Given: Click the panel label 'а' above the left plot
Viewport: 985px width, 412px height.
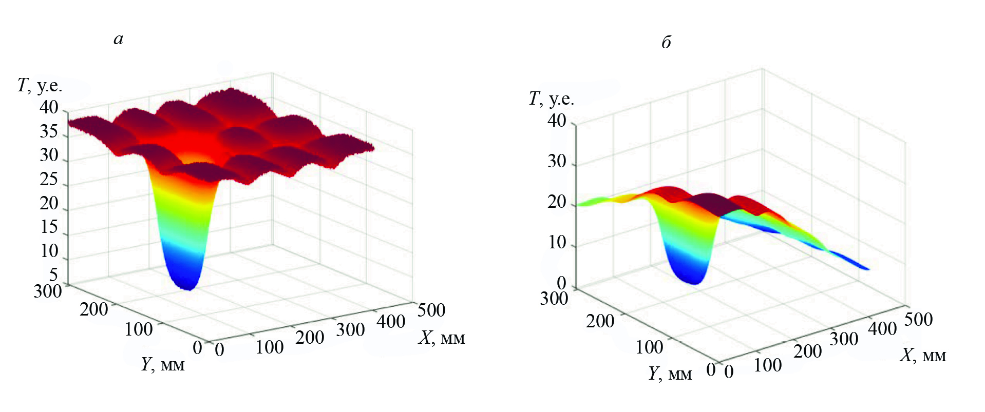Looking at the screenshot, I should [119, 40].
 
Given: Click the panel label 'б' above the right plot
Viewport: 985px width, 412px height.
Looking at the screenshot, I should [666, 42].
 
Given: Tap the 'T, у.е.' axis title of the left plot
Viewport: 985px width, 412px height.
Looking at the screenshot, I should [40, 86].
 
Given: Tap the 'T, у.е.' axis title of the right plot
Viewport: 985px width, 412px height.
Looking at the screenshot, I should [551, 99].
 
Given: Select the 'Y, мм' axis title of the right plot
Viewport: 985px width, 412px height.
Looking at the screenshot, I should [670, 374].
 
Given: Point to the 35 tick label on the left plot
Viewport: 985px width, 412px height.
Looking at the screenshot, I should [49, 132].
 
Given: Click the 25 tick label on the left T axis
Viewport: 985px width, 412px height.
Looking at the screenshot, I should [49, 180].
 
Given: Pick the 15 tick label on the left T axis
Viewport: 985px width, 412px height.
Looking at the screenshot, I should [49, 227].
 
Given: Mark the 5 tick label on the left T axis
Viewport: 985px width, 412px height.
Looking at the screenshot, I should [53, 274].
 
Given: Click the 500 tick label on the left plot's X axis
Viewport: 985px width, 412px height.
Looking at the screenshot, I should [431, 310].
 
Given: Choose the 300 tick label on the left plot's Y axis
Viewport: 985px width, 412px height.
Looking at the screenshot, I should [48, 291].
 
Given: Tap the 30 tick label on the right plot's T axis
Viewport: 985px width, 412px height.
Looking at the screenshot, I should [557, 162].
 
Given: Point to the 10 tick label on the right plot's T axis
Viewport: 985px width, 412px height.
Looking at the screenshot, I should [557, 242].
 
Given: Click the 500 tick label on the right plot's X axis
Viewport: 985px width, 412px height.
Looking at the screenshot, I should [918, 319].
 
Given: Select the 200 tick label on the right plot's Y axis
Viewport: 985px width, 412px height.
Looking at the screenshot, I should [600, 321].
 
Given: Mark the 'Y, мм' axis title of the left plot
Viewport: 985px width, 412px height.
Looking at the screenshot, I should [163, 364].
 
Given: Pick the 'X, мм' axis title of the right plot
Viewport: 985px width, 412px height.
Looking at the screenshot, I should [922, 355].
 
